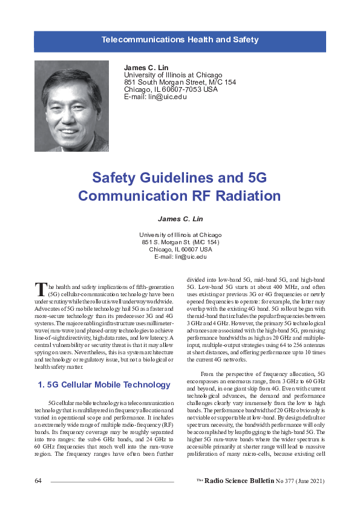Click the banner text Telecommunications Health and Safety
(180, 40)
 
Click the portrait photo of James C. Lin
(71, 106)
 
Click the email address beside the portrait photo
(155, 97)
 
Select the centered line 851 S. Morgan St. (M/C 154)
(180, 242)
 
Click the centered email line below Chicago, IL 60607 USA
(180, 256)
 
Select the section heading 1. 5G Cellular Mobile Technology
(104, 384)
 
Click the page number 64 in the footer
(38, 481)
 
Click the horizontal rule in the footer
(112, 482)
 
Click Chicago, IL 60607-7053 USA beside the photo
(170, 89)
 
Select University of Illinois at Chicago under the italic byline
(180, 235)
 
